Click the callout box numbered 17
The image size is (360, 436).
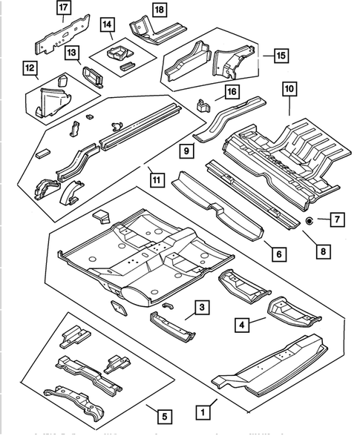click(65, 8)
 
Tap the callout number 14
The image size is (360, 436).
click(108, 24)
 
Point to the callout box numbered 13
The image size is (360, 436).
click(72, 53)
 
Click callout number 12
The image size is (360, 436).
click(30, 70)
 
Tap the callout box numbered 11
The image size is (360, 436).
click(155, 179)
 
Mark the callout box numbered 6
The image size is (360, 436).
click(278, 254)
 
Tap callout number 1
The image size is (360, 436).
click(200, 409)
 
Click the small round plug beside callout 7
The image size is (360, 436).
click(310, 221)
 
